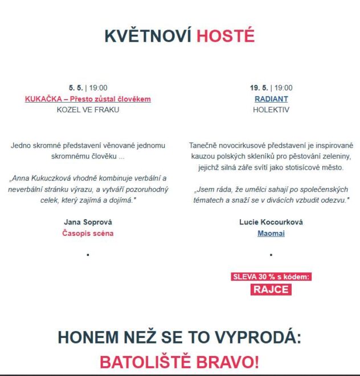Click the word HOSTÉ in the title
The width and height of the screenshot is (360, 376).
(226, 36)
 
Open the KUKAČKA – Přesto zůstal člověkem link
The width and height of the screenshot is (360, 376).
(88, 99)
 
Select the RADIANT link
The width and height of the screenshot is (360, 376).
(271, 99)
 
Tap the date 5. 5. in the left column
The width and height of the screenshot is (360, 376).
(75, 88)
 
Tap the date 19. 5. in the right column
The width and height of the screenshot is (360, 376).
(259, 88)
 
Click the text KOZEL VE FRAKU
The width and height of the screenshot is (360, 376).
(88, 110)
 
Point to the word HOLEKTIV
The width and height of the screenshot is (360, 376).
(271, 110)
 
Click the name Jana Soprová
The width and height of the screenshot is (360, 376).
(88, 222)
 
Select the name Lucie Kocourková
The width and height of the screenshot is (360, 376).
(271, 222)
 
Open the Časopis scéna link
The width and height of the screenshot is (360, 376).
(88, 234)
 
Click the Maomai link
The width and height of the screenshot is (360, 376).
(271, 234)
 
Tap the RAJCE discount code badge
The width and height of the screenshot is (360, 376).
(271, 289)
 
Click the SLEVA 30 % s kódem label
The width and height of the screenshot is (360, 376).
(271, 277)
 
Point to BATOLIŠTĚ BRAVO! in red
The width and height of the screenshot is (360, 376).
(179, 362)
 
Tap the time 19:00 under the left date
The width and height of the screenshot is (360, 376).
(98, 88)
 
